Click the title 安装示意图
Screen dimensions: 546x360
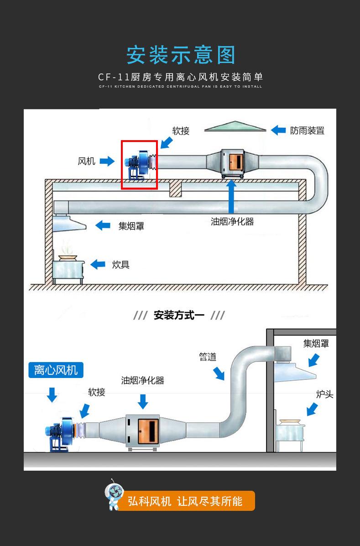[x=181, y=55]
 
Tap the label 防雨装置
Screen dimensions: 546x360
[x=307, y=131]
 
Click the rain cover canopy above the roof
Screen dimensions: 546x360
[x=235, y=127]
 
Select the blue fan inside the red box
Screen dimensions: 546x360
[x=139, y=165]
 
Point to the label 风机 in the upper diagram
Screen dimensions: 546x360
[x=87, y=161]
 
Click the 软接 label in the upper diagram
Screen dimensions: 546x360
[x=181, y=131]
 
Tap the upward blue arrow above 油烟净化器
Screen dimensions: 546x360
[x=232, y=196]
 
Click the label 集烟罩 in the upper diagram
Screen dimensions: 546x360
[x=131, y=226]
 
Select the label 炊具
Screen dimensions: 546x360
[x=120, y=264]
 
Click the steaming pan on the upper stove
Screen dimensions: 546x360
[x=68, y=256]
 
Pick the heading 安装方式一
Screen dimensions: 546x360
[x=179, y=315]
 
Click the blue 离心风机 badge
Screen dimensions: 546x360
[x=56, y=369]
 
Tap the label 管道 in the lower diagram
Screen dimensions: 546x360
[x=208, y=357]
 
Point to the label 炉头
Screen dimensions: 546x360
[x=325, y=394]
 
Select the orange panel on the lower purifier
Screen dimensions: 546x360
[x=148, y=432]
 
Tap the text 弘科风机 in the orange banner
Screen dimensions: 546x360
[x=149, y=501]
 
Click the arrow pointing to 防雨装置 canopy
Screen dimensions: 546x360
[x=278, y=131]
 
